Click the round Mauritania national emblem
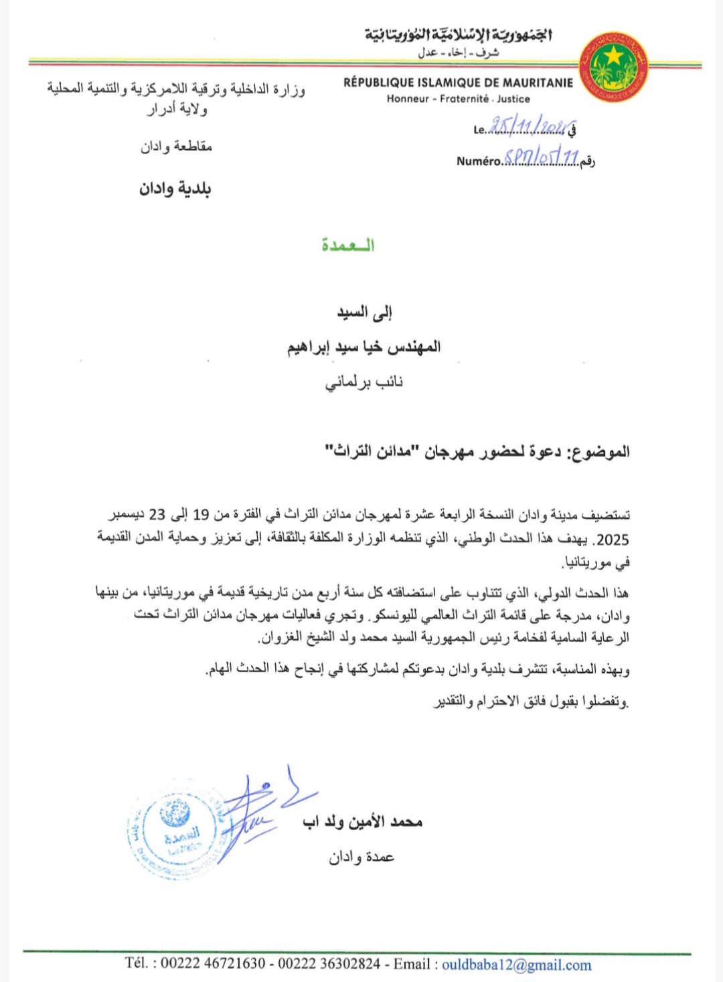613,68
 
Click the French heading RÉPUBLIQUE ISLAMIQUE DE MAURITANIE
458,83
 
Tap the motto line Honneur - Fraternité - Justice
458,99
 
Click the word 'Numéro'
479,161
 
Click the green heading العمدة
347,245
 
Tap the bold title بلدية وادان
175,189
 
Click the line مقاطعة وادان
176,147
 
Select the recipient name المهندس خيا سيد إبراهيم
364,347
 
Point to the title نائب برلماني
364,382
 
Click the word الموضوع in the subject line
599,452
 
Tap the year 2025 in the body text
613,540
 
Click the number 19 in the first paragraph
201,515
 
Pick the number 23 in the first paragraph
157,515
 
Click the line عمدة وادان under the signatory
361,857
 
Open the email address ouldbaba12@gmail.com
516,965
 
